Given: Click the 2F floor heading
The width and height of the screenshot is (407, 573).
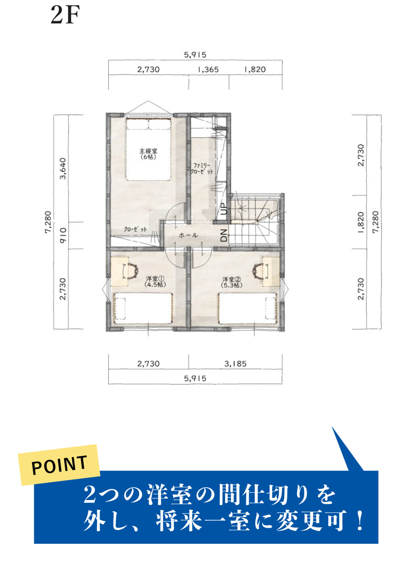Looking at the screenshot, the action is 65,15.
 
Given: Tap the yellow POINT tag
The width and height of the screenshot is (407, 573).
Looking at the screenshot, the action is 59,465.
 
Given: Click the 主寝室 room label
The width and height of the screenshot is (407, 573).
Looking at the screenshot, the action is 148,154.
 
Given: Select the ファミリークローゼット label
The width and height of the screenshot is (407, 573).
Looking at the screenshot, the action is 202,169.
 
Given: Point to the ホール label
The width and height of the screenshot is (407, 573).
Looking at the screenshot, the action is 188,235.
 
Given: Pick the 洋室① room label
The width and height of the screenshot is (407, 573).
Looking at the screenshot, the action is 155,281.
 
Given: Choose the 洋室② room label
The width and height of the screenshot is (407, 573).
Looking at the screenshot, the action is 232,282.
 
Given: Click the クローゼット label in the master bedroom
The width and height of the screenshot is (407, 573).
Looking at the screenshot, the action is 135,229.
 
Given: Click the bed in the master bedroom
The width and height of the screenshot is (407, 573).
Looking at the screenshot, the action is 148,149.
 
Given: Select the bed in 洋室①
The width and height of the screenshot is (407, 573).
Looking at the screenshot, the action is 143,308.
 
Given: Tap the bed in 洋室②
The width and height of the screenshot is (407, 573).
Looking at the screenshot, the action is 248,308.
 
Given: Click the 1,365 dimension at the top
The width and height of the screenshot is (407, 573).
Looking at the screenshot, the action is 208,70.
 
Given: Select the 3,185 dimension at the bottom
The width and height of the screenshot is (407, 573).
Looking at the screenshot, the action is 235,364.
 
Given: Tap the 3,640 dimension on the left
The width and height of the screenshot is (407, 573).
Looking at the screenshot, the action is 63,168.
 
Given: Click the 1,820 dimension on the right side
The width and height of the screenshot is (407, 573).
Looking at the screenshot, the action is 361,222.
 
